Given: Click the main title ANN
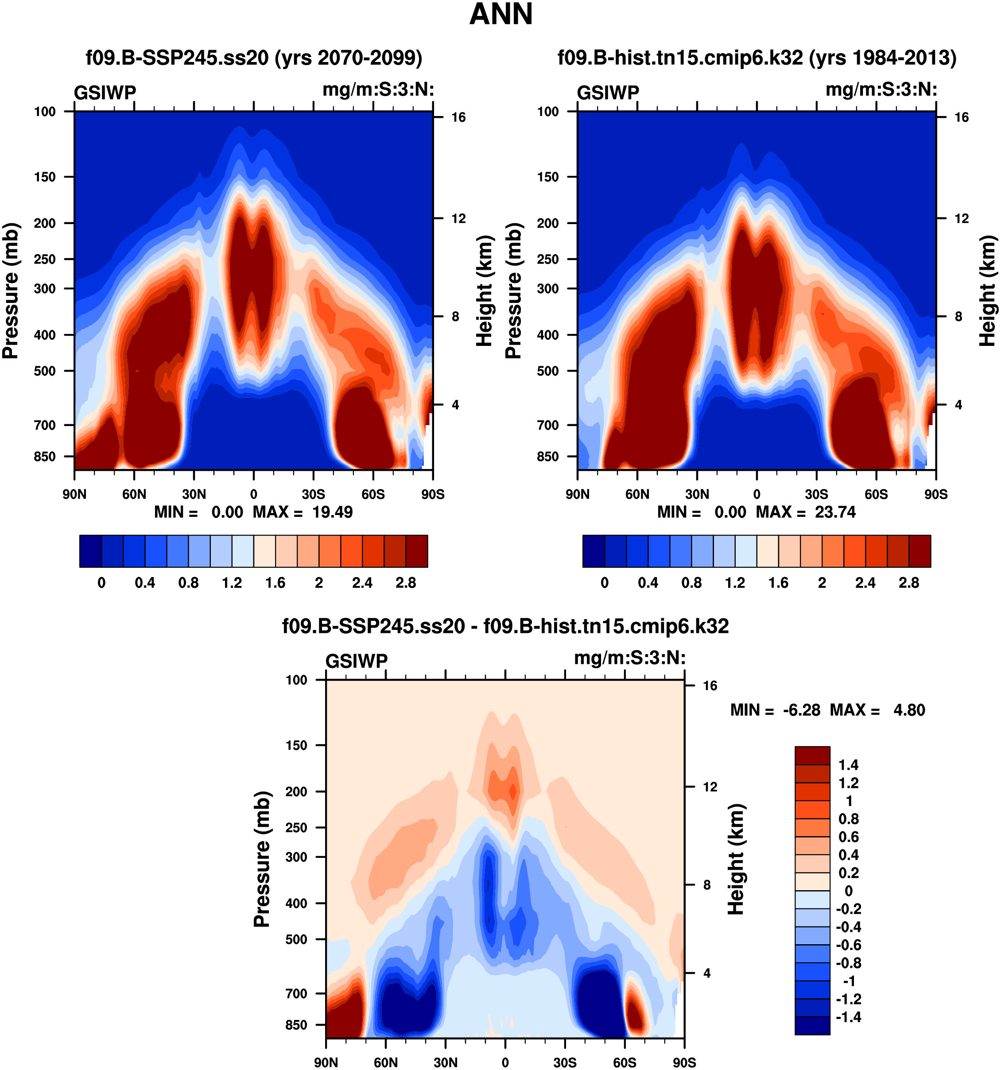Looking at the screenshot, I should coord(500,15).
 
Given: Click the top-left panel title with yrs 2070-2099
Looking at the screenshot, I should coord(254,58).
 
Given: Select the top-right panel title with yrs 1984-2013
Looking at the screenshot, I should coord(757,58).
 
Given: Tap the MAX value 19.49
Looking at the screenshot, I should coord(332,512).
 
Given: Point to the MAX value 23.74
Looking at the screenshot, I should coord(835,512).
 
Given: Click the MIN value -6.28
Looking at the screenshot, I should coord(801,710).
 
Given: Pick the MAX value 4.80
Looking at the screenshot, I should coord(909,710).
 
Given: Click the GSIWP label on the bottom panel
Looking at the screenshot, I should coord(356,661).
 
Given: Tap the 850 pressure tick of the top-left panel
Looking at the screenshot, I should coord(45,457).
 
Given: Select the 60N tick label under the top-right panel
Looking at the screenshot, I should coord(637,494).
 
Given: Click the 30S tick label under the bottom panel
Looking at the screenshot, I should coord(565,1062).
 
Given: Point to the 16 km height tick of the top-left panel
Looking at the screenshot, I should coord(458,117).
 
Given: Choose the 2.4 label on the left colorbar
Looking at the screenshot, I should coord(362,583).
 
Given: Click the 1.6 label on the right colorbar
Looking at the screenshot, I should coord(778,583).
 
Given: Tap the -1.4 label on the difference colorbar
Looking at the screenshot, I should coord(848,1017).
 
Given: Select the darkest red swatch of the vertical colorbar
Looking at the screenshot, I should coord(812,755).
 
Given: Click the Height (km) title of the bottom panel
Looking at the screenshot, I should coord(736,859).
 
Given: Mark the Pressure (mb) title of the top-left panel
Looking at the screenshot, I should coord(11,291).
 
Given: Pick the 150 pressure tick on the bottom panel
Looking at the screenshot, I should coord(296,745).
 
